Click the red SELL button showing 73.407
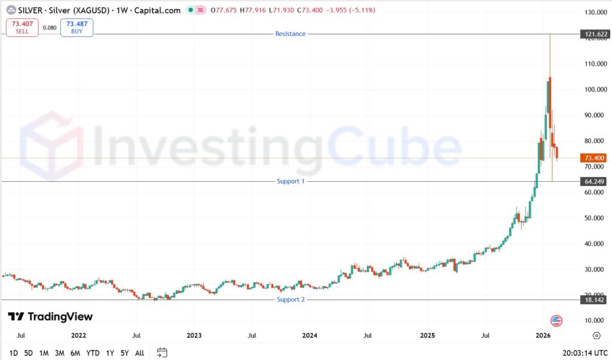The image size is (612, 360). tap(22, 28)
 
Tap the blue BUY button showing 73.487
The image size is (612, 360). tap(77, 28)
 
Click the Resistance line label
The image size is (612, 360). tap(290, 34)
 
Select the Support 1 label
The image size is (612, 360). tap(291, 181)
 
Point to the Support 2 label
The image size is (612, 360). tap(291, 300)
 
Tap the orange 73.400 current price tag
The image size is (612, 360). tap(594, 158)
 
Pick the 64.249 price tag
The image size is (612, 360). tap(594, 182)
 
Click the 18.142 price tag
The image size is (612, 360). tap(594, 300)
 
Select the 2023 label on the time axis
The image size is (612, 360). tap(194, 335)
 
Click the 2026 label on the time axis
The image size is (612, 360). tap(543, 335)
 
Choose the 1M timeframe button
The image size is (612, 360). tap(44, 353)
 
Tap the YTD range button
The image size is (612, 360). tap(93, 353)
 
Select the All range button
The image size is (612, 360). tap(139, 353)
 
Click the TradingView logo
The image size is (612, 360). tap(50, 316)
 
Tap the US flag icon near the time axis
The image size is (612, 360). tap(556, 321)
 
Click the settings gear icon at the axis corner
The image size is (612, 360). tap(596, 335)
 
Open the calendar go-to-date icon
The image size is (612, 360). tap(162, 353)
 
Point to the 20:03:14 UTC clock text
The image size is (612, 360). tap(585, 353)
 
